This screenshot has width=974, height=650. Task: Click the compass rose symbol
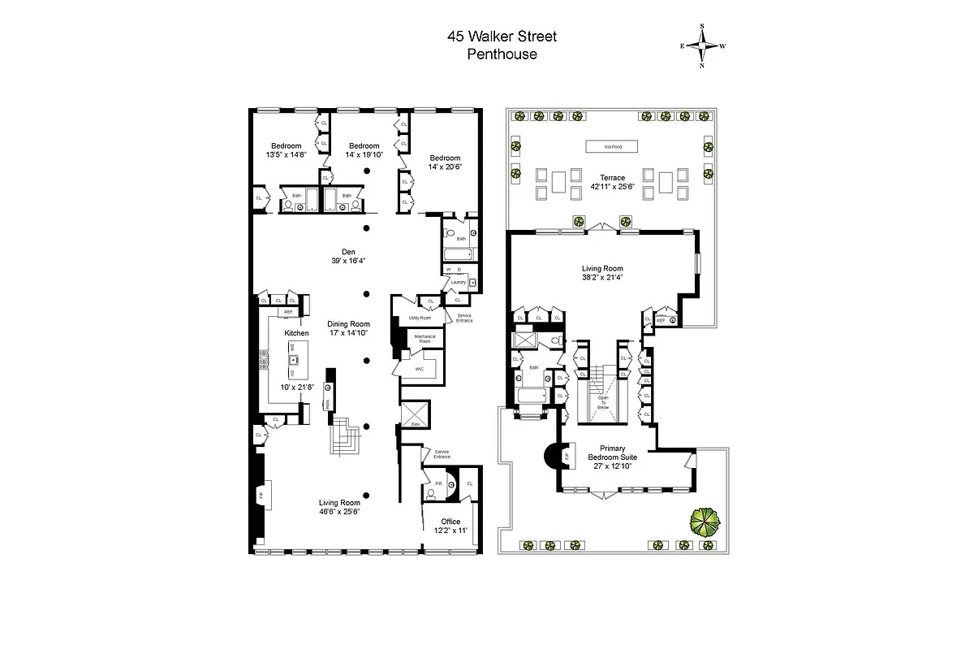[702, 45]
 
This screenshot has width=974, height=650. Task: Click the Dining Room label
[349, 324]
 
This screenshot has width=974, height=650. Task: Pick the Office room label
[450, 522]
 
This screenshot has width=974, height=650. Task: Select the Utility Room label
[420, 318]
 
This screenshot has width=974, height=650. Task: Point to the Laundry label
[458, 282]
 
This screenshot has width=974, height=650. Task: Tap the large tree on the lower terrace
[703, 521]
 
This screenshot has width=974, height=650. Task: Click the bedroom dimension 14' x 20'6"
[445, 167]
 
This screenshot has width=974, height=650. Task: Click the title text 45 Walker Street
[502, 37]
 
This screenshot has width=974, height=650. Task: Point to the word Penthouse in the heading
[502, 54]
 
